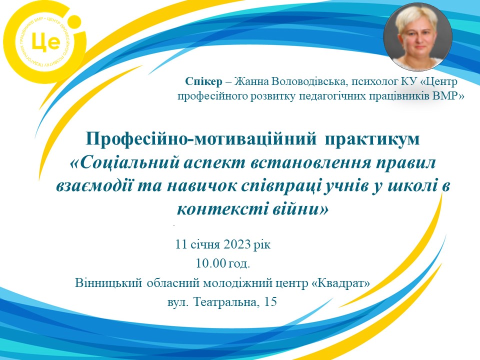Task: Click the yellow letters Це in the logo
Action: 45,42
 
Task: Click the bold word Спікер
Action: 203,81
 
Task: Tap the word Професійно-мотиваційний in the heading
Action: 201,139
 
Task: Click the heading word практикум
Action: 372,140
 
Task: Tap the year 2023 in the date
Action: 237,244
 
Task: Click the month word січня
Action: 205,245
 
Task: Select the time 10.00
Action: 210,263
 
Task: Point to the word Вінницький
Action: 108,283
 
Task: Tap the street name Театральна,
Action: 227,302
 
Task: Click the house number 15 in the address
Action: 270,302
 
